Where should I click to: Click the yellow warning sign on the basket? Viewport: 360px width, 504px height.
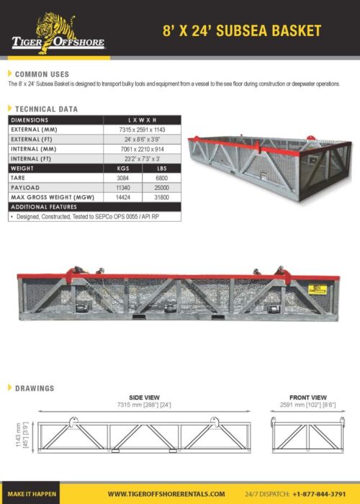tap(317, 289)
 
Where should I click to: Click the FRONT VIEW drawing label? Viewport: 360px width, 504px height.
tap(307, 397)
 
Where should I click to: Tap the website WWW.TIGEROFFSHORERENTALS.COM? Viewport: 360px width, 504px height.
tap(166, 494)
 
